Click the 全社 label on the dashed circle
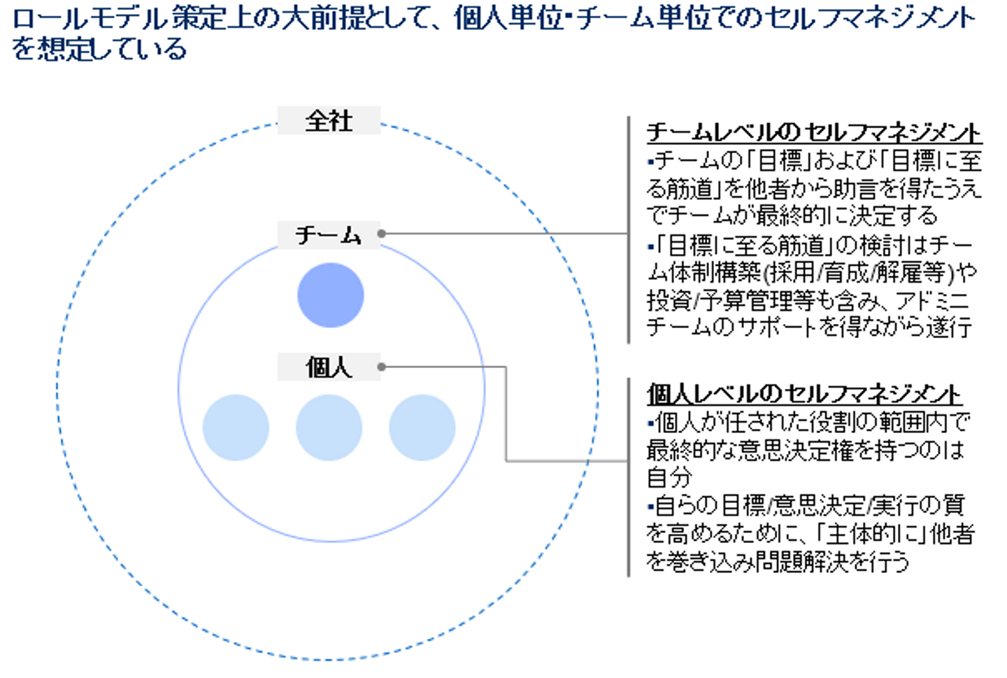point(329,120)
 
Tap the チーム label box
point(329,234)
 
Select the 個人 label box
point(329,367)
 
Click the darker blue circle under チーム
point(331,295)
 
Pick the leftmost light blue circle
point(236,428)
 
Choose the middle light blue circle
point(329,428)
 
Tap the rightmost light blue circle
point(422,428)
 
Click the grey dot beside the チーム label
point(381,234)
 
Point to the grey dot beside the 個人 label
point(381,367)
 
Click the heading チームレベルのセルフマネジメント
point(813,132)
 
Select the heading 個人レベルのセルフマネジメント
point(804,394)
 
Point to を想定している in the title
point(99,49)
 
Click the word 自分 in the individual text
point(669,477)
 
